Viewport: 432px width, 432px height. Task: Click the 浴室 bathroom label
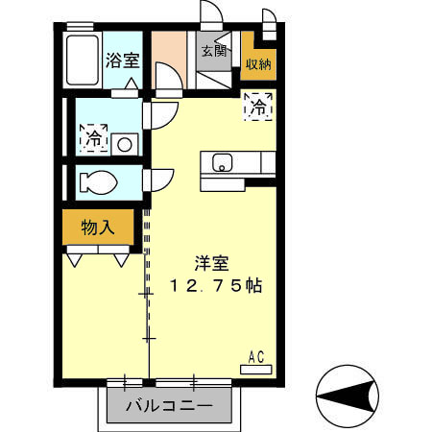coord(124,59)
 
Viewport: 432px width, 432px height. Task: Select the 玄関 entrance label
coord(214,50)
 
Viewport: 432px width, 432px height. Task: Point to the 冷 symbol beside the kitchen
coord(259,108)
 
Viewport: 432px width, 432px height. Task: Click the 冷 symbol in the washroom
coord(93,137)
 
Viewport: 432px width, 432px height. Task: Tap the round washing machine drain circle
coord(124,144)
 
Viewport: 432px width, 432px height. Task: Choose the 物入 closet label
coord(97,228)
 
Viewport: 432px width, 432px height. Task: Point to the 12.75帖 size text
coord(216,285)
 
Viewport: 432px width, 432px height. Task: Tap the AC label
coord(256,357)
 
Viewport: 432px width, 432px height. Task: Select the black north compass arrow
coord(356,396)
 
